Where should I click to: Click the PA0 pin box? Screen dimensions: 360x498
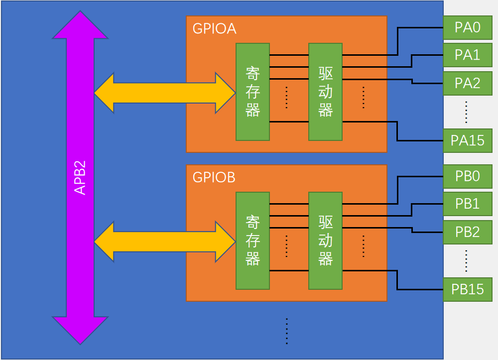pyautogui.click(x=468, y=27)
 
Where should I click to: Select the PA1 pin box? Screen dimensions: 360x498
pyautogui.click(x=468, y=55)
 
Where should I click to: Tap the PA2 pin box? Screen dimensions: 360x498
pyautogui.click(x=468, y=83)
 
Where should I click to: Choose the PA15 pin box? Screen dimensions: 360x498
pyautogui.click(x=468, y=140)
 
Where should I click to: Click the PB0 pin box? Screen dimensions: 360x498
pyautogui.click(x=468, y=176)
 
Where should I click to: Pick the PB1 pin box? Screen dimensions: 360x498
pyautogui.click(x=468, y=204)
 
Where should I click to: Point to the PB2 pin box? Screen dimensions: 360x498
pyautogui.click(x=468, y=232)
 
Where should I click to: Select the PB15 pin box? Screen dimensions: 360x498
pyautogui.click(x=468, y=289)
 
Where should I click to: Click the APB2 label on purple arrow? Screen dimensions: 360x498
pyautogui.click(x=80, y=178)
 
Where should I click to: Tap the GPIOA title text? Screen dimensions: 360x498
pyautogui.click(x=214, y=28)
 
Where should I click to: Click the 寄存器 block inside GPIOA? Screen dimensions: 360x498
pyautogui.click(x=252, y=92)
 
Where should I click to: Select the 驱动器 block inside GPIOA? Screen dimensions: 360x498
pyautogui.click(x=325, y=92)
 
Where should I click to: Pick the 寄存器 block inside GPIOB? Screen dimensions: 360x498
pyautogui.click(x=252, y=240)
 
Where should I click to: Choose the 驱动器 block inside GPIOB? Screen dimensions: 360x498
pyautogui.click(x=325, y=240)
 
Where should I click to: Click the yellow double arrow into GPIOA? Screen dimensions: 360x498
pyautogui.click(x=164, y=93)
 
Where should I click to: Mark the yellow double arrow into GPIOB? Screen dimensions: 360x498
pyautogui.click(x=164, y=241)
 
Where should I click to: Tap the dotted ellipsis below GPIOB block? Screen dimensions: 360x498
pyautogui.click(x=287, y=331)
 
